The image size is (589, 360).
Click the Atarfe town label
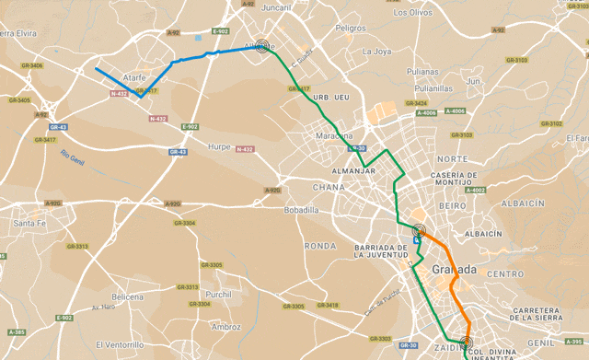130,79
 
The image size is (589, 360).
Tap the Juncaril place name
277,7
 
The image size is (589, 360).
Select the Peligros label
351,29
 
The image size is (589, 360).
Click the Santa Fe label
29,223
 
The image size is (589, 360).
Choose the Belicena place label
128,296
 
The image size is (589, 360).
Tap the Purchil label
219,295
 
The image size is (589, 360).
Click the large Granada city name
454,270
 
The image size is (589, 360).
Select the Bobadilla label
302,210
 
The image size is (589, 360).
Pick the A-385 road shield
16,331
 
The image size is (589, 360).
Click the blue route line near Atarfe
184,60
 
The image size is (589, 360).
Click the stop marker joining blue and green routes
262,45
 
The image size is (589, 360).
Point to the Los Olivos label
411,13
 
